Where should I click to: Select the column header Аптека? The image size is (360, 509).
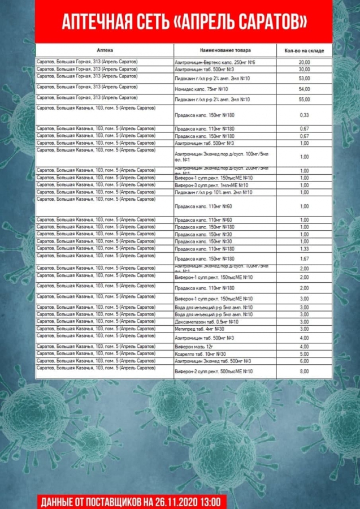point(105,50)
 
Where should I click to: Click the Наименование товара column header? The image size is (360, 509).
point(224,50)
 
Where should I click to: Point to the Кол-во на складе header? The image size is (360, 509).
point(304,51)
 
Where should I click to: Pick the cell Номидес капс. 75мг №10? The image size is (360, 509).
point(202,89)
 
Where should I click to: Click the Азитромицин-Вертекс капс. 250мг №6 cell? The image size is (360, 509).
point(215,62)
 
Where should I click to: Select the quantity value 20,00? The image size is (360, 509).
point(304,62)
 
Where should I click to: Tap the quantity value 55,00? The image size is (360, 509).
point(304,100)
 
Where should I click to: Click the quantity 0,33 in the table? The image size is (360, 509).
point(304,115)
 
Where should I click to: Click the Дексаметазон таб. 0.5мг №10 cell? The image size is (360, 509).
point(207,322)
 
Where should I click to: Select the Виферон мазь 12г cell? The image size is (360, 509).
point(194,346)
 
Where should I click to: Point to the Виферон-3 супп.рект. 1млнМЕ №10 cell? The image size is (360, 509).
point(212,185)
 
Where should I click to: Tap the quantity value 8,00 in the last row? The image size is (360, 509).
point(304,372)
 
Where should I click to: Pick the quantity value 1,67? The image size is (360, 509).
point(304,258)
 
